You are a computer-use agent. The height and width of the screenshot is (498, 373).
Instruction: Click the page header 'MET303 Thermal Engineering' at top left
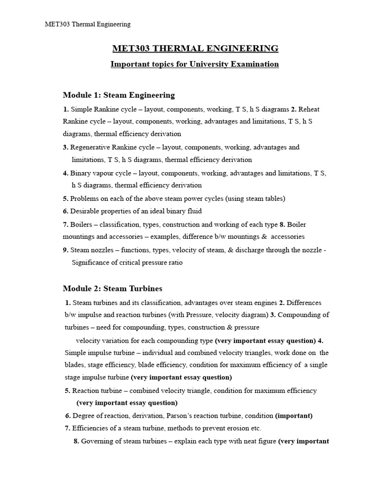[88, 24]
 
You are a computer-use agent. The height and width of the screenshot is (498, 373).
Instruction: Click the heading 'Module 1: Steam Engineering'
[119, 95]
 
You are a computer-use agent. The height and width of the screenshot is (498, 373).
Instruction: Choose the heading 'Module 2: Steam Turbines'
[112, 288]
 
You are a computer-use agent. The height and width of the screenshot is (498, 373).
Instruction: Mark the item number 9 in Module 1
[65, 250]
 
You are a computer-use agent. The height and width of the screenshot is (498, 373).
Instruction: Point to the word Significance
[91, 263]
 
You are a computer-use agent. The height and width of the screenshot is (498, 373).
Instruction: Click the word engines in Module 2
[266, 302]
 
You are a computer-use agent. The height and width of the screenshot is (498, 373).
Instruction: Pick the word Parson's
[181, 416]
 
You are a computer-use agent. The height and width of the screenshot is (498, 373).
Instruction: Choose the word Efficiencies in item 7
[90, 428]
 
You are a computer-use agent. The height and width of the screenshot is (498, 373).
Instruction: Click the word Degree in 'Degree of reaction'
[83, 416]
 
